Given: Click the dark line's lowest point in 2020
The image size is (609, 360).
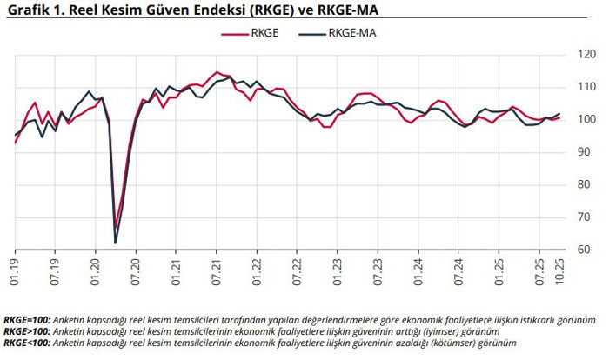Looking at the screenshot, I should click(116, 243).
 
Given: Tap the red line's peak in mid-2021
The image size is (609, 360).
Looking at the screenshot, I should click(217, 72).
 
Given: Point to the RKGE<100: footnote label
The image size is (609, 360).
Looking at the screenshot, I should click(27, 343).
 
